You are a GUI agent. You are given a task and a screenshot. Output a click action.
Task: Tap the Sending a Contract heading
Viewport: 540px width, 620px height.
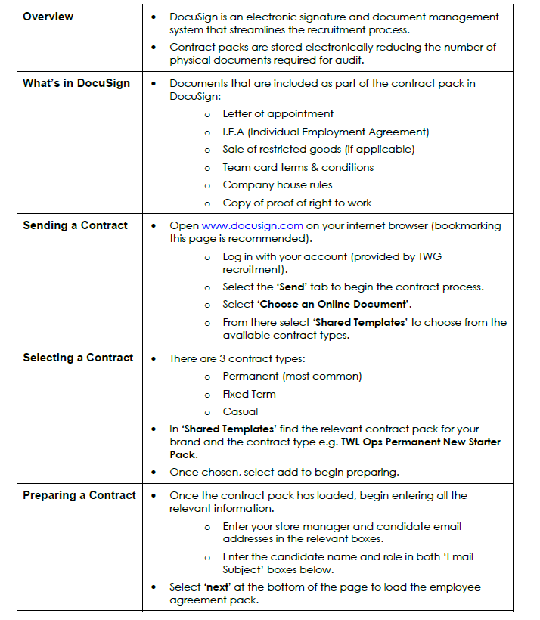[75, 225]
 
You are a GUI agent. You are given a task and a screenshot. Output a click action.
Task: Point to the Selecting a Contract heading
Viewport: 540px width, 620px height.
[78, 358]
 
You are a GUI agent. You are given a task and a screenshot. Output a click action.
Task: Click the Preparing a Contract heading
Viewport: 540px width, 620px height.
[79, 495]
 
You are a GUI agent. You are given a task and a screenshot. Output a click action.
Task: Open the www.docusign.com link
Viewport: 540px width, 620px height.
[253, 225]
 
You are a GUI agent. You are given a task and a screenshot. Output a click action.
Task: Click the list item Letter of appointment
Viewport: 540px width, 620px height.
[278, 113]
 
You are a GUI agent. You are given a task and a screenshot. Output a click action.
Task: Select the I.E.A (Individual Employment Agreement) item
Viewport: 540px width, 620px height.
[325, 132]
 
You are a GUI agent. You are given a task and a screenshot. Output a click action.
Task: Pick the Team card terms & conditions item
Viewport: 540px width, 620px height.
[298, 167]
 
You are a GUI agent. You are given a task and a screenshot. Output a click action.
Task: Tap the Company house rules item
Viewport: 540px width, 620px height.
[277, 184]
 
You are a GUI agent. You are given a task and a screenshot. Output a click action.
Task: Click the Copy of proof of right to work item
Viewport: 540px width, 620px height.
[296, 203]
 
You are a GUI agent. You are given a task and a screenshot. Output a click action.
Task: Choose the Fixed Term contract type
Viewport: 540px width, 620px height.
[249, 394]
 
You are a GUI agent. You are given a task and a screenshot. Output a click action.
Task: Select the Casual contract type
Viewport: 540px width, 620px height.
[241, 412]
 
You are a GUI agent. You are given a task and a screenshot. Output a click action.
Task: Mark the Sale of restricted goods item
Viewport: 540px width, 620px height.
[318, 149]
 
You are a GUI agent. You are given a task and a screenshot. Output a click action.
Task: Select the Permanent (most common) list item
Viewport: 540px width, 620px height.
[292, 376]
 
